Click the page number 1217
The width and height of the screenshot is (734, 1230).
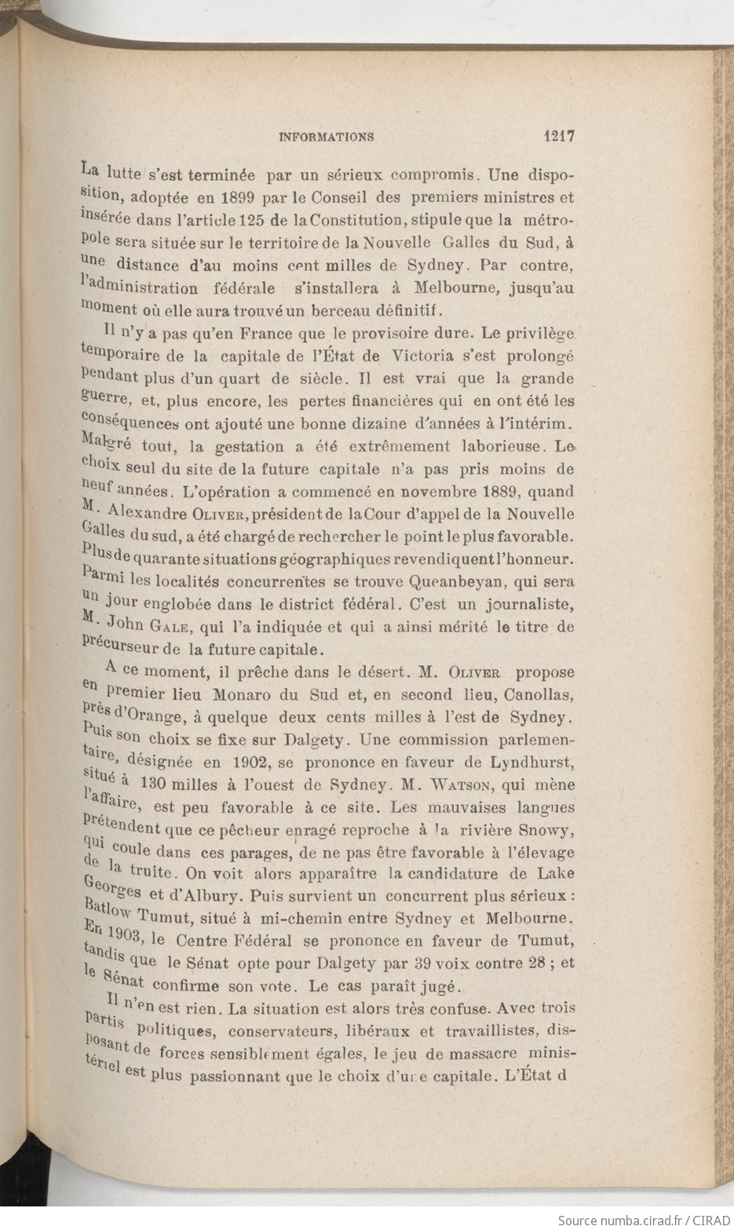point(559,135)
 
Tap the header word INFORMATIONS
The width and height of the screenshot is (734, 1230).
point(327,137)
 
